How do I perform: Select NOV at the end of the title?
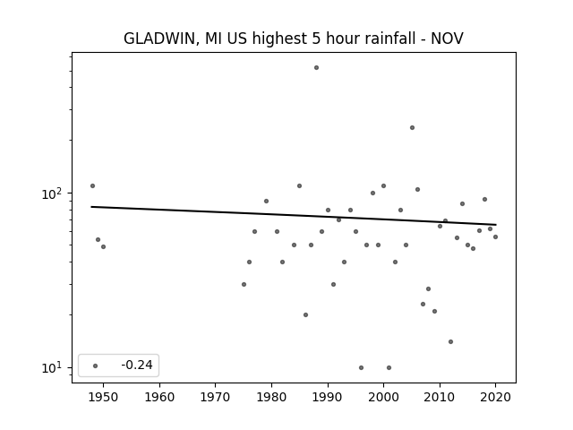click(447, 39)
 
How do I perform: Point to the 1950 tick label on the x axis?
click(103, 397)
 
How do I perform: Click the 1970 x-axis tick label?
click(215, 397)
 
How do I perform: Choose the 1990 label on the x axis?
click(328, 397)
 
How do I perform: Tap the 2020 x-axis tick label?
click(495, 397)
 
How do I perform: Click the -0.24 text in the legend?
click(137, 365)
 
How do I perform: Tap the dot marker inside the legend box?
click(96, 365)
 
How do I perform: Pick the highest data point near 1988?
click(316, 68)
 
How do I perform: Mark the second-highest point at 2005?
click(412, 127)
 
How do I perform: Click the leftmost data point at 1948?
click(92, 185)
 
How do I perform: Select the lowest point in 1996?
click(361, 367)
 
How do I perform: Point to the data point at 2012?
click(450, 341)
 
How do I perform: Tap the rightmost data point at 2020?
click(495, 236)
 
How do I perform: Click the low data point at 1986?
click(305, 314)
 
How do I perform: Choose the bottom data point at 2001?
click(389, 367)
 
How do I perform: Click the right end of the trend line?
click(496, 225)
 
